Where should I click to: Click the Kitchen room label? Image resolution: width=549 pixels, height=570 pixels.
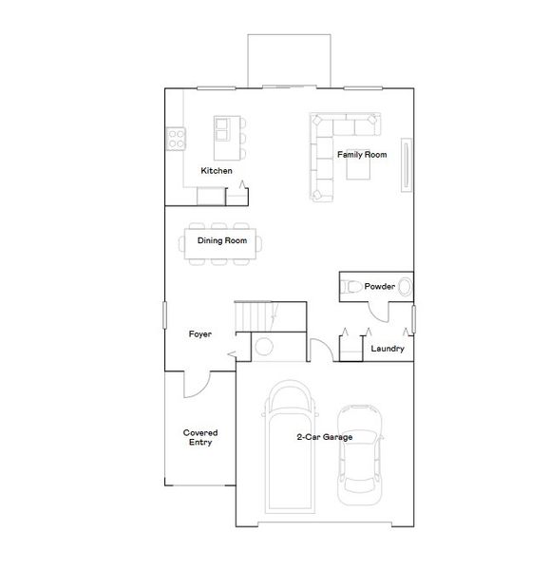[x=216, y=171]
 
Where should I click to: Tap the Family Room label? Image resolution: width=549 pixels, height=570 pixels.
[x=362, y=154]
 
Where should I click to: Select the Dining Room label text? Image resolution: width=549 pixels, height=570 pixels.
[x=222, y=241]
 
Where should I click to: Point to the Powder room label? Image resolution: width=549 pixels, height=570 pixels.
[x=380, y=285]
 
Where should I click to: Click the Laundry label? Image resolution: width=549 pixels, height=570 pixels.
[x=388, y=349]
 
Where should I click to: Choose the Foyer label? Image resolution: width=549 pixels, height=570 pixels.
[x=199, y=334]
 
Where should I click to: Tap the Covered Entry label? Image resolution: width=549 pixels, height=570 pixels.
[x=198, y=438]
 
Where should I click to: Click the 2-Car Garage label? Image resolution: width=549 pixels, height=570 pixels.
[x=324, y=437]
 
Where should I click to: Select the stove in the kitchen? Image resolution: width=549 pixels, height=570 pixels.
[x=176, y=140]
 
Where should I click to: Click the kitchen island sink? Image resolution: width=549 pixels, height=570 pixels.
[x=223, y=124]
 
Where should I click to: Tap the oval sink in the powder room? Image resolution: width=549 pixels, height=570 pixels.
[x=406, y=286]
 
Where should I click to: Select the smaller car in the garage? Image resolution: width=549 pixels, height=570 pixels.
[x=360, y=448]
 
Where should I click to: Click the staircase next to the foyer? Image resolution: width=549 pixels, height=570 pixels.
[x=271, y=315]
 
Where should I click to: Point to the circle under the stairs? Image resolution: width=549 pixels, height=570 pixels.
[x=265, y=346]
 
